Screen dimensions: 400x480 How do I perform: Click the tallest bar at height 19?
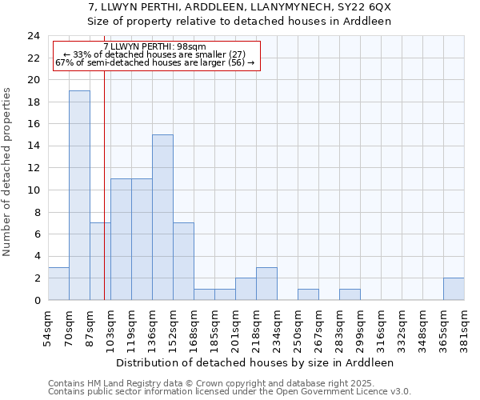[79, 195]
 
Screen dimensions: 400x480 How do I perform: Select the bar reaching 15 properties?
[162, 218]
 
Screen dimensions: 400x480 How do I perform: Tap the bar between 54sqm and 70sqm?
[58, 283]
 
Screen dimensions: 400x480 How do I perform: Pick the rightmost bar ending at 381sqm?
[454, 289]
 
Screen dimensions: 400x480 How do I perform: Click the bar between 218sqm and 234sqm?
[266, 283]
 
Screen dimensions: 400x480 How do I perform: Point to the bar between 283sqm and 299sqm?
[350, 294]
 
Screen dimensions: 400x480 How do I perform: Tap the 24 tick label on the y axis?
[34, 36]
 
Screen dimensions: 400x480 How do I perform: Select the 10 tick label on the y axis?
[34, 190]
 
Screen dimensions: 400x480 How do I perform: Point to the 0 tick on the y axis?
[37, 300]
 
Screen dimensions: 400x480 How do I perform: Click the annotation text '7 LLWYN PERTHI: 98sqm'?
[155, 47]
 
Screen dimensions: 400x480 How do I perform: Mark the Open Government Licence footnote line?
[230, 392]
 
